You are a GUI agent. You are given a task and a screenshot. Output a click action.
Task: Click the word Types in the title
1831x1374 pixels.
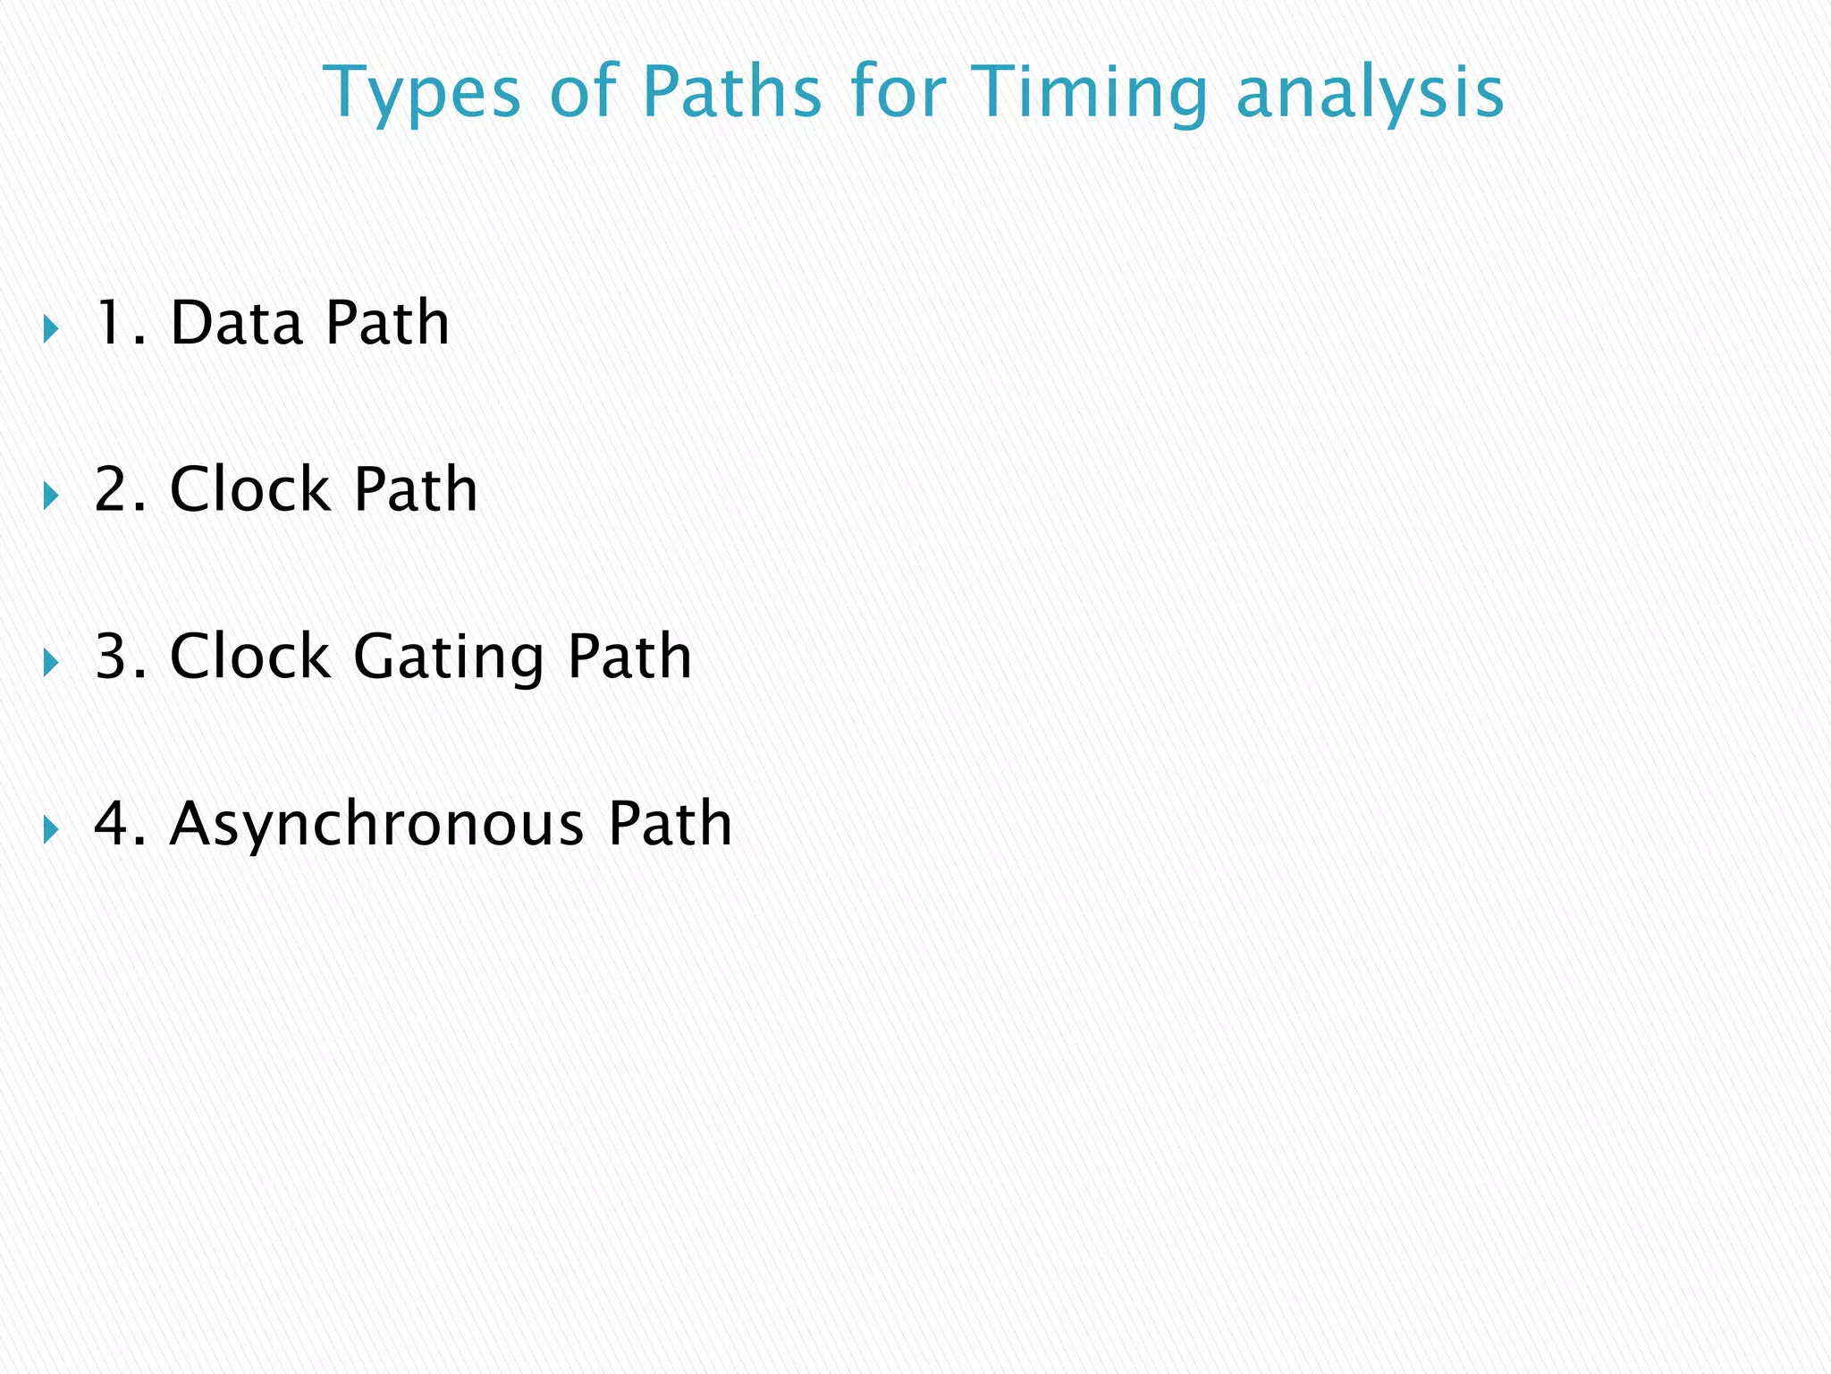pyautogui.click(x=421, y=93)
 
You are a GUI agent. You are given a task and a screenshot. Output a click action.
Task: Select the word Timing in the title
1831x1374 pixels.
pyautogui.click(x=1088, y=93)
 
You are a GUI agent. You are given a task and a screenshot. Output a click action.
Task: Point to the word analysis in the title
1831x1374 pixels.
pyautogui.click(x=1370, y=93)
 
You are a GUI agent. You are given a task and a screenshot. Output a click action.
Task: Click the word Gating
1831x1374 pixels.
pyautogui.click(x=449, y=658)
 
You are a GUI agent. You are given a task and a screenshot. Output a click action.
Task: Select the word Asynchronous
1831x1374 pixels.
pyautogui.click(x=376, y=825)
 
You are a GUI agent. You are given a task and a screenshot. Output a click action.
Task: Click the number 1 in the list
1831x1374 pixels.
pyautogui.click(x=111, y=323)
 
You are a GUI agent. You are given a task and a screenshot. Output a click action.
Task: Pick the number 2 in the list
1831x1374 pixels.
pyautogui.click(x=111, y=490)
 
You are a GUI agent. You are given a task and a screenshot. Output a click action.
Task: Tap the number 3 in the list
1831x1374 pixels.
pyautogui.click(x=111, y=657)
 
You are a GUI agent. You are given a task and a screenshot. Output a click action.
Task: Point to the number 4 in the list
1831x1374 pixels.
pyautogui.click(x=111, y=824)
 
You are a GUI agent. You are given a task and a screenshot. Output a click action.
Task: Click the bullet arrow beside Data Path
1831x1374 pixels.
pyautogui.click(x=50, y=329)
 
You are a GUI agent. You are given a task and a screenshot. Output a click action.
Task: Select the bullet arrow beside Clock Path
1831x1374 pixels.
pyautogui.click(x=50, y=496)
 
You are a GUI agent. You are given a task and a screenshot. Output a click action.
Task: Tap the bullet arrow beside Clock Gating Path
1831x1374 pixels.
pyautogui.click(x=50, y=664)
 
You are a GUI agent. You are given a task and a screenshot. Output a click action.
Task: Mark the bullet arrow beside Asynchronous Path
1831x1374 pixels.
pyautogui.click(x=50, y=830)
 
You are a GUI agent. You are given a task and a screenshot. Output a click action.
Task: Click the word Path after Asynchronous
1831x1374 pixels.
pyautogui.click(x=670, y=824)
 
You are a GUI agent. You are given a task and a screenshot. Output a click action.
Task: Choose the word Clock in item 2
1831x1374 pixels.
pyautogui.click(x=249, y=490)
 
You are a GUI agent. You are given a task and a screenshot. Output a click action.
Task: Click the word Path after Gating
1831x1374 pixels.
pyautogui.click(x=629, y=657)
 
